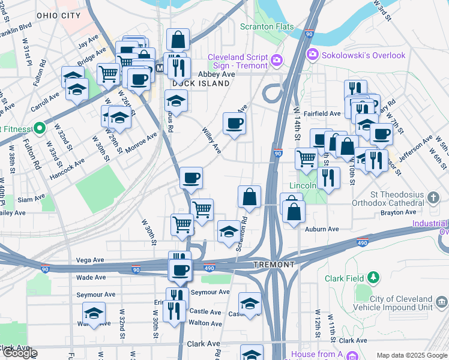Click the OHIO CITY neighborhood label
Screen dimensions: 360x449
pos(58,14)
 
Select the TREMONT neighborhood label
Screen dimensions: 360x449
pos(274,265)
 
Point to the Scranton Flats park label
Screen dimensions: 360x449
pos(267,26)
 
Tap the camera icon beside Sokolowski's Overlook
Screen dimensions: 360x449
pos(313,55)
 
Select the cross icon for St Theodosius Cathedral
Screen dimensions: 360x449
pos(435,197)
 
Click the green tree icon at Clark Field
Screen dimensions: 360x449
pos(373,277)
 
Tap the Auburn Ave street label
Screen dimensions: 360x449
pos(322,229)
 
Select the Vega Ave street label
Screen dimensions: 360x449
pos(90,260)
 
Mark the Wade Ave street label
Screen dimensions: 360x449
pos(91,277)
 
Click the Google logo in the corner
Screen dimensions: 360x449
pos(19,353)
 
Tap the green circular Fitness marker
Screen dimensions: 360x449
pos(40,128)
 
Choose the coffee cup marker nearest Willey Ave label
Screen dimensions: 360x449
pos(234,124)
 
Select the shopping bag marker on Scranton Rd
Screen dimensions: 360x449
pos(249,196)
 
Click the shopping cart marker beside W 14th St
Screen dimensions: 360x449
pos(306,159)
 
